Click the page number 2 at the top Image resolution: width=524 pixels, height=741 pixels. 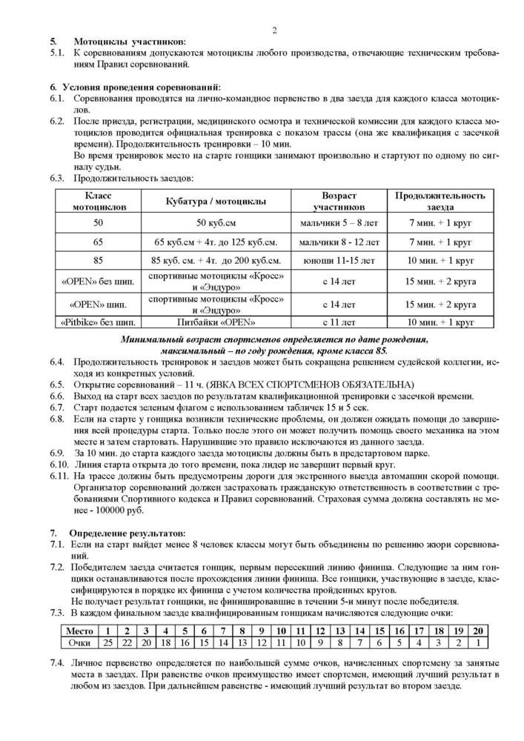pos(274,30)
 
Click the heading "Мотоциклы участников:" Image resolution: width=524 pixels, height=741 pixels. pos(130,42)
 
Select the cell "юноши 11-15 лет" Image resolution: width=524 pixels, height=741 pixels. pos(339,261)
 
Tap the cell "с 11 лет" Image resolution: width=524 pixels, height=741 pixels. pos(339,322)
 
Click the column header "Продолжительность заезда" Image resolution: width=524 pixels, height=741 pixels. pos(440,201)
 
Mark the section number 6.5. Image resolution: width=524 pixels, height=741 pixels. pos(57,385)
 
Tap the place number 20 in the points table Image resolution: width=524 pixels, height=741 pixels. pos(478,630)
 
